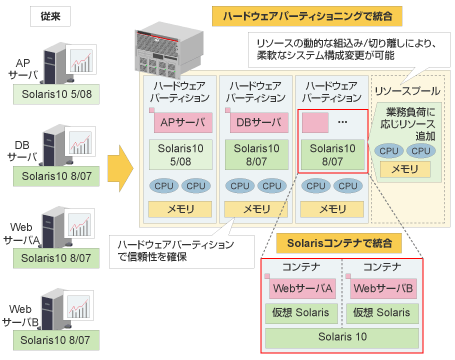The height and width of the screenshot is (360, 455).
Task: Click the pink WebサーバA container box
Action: (x=301, y=289)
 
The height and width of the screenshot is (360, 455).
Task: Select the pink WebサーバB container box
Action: (x=383, y=289)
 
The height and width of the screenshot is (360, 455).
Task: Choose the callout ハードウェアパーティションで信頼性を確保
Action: (x=176, y=250)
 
